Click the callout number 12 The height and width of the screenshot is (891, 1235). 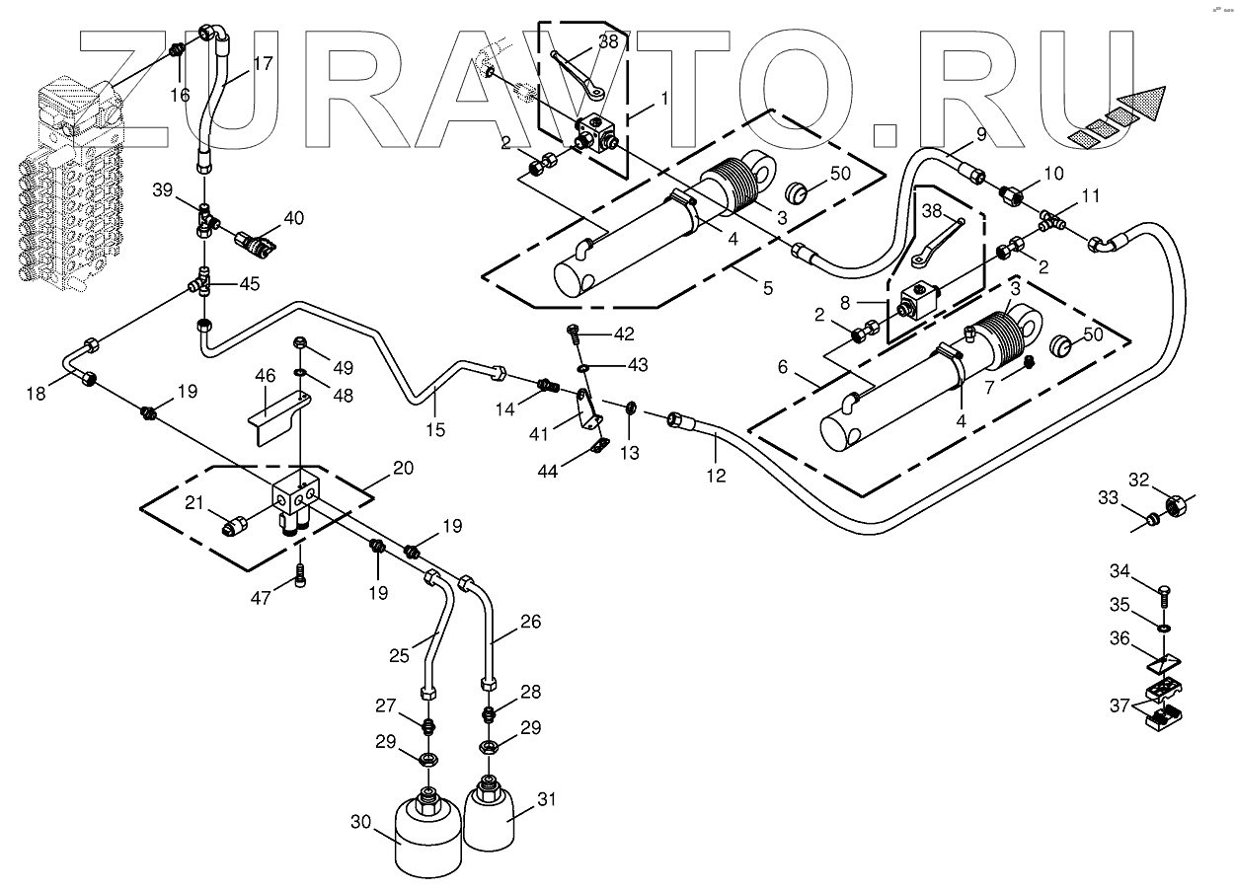coord(716,476)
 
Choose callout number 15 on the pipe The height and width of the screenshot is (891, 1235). coord(435,429)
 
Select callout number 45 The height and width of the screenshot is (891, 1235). coord(249,285)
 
